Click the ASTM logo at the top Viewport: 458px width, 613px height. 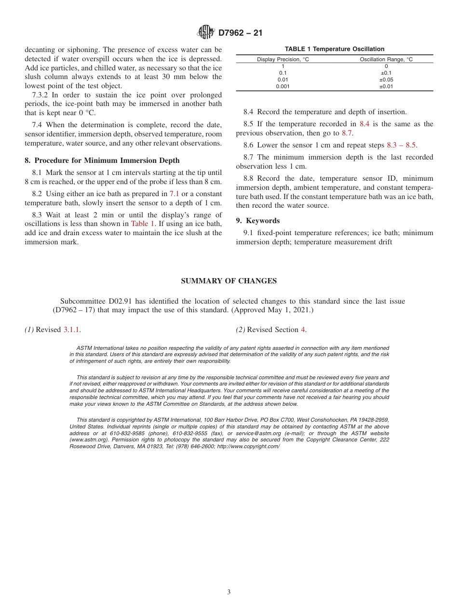205,32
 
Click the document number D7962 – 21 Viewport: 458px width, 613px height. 240,33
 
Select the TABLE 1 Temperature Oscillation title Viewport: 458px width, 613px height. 334,49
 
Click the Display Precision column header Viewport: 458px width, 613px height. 283,59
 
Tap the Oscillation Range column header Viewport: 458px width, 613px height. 386,59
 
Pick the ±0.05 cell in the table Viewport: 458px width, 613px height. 386,80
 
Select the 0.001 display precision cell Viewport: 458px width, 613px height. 283,86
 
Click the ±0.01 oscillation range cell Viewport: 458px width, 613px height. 386,86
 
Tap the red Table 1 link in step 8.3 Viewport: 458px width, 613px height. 143,224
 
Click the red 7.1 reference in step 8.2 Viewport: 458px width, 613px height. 174,194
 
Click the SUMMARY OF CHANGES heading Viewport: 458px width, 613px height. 229,281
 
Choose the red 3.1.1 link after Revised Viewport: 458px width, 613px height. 72,330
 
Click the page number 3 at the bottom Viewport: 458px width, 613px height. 229,592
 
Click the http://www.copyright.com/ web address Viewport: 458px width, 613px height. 248,447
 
